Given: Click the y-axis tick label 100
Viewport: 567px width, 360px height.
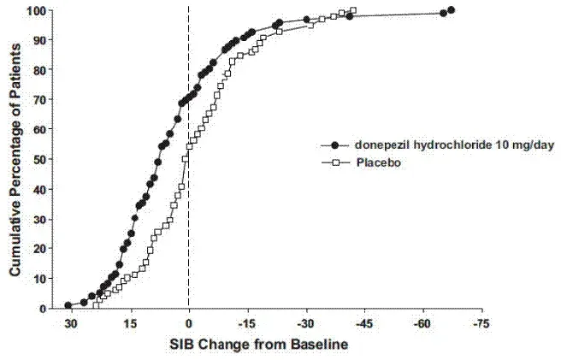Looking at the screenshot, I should point(37,11).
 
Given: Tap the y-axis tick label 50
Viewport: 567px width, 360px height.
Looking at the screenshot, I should point(40,160).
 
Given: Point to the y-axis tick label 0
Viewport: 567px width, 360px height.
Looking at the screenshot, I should point(44,308).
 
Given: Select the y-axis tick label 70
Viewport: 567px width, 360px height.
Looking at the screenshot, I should point(40,100).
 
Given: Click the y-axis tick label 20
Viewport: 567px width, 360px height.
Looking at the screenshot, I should point(40,249).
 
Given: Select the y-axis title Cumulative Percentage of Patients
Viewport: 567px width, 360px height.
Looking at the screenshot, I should point(15,160).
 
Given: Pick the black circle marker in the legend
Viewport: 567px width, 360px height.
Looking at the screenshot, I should point(335,146).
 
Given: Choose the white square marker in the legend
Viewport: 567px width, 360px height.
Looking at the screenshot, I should point(335,162).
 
